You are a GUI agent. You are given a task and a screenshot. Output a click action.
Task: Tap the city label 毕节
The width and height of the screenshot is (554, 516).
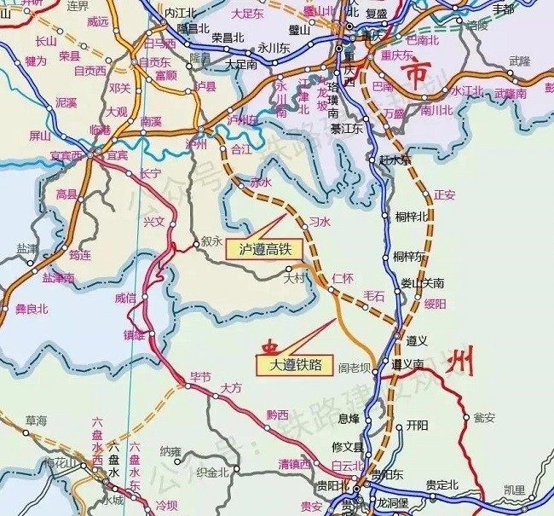[x=199, y=376]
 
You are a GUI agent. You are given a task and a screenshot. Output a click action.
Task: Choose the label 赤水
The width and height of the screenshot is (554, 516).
[x=260, y=183]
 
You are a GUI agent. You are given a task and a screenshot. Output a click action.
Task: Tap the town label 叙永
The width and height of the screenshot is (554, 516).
[x=211, y=241]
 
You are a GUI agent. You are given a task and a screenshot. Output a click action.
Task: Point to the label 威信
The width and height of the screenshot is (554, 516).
[x=124, y=298]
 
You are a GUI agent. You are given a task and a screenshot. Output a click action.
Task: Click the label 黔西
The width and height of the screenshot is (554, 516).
[x=277, y=415]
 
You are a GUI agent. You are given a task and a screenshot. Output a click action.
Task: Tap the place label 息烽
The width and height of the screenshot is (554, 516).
[x=349, y=418]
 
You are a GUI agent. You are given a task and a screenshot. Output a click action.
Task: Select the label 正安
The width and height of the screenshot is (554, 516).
[x=445, y=194]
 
